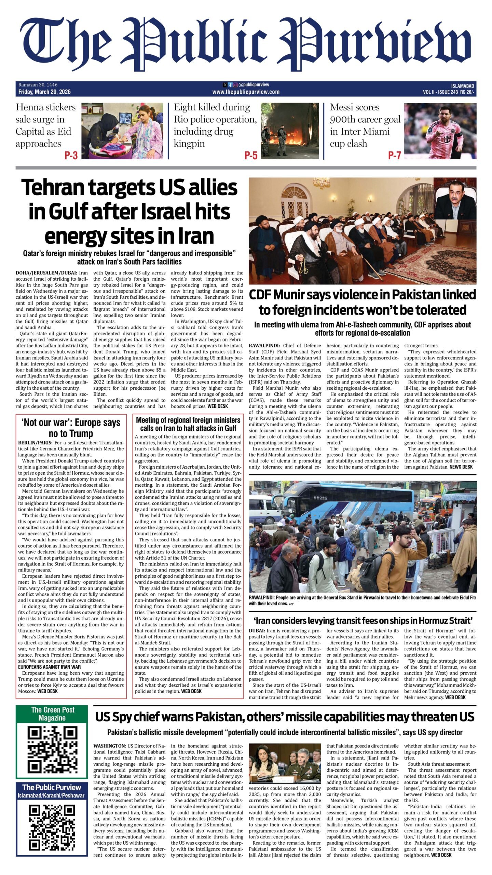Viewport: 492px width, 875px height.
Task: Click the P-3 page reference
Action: click(71, 156)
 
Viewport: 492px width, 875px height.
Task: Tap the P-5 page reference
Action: click(250, 156)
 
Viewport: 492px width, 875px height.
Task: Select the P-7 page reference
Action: click(394, 156)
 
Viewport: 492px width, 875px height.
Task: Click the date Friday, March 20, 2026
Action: click(44, 92)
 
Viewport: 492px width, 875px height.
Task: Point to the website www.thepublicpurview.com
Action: click(246, 92)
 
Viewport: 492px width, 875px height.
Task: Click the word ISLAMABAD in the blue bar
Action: click(463, 86)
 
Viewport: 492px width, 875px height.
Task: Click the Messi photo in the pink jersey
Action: click(440, 131)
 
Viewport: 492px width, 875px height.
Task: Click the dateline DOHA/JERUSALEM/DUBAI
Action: click(47, 273)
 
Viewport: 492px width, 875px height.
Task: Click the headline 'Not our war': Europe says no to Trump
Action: click(71, 428)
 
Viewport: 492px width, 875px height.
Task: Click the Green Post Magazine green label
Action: click(52, 714)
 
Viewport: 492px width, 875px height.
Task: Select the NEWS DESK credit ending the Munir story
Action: click(461, 467)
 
